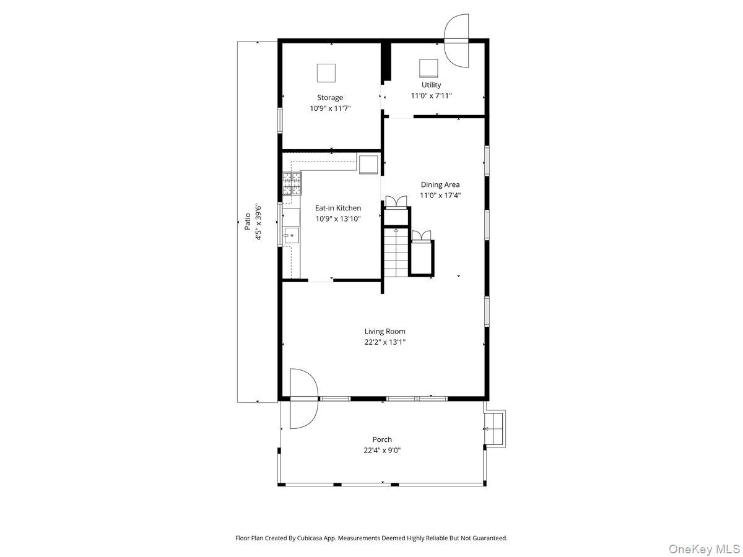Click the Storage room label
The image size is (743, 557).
[330, 97]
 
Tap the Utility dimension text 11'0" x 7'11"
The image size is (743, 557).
[432, 96]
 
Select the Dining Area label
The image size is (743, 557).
[440, 184]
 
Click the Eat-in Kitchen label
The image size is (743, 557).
[338, 208]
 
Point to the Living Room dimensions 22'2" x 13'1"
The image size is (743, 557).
[385, 342]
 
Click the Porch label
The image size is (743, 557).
[382, 439]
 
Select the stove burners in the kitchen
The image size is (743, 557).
[292, 184]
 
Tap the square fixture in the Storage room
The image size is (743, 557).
[326, 73]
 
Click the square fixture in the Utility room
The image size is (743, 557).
[428, 67]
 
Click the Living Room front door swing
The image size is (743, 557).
[303, 399]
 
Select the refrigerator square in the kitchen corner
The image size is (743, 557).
[368, 164]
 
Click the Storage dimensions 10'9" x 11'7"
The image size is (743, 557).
[330, 108]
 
